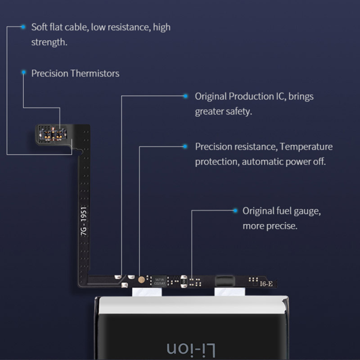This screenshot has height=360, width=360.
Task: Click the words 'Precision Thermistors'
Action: (x=75, y=73)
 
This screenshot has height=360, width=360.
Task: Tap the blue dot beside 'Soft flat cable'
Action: (x=23, y=27)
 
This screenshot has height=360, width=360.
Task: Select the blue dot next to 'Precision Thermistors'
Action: (x=24, y=73)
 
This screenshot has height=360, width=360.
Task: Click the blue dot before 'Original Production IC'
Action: (x=187, y=95)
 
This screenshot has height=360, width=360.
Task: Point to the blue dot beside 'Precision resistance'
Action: (x=187, y=146)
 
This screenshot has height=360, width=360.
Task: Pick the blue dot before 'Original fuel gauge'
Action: (x=235, y=210)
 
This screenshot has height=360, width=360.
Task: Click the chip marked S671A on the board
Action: (x=160, y=280)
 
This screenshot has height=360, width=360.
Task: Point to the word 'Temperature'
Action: (x=306, y=147)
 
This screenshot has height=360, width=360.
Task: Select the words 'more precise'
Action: (x=269, y=226)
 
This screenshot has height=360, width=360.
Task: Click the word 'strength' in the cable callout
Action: (x=48, y=42)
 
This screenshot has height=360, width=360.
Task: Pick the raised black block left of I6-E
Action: (x=227, y=280)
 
